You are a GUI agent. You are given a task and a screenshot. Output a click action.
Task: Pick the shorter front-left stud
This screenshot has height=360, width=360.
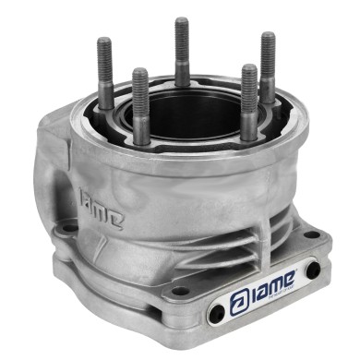[140, 106]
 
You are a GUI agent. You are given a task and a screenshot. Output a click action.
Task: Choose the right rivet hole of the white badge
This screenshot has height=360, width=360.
[313, 270]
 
